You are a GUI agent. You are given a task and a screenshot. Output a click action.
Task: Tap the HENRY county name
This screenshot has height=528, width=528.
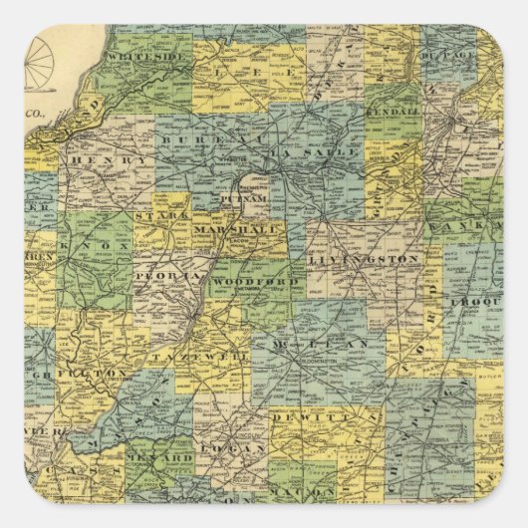[x=99, y=160]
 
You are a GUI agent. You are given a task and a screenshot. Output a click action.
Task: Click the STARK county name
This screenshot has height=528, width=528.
[x=154, y=214]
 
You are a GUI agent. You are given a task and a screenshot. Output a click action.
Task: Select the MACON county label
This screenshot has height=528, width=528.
[x=313, y=492]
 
